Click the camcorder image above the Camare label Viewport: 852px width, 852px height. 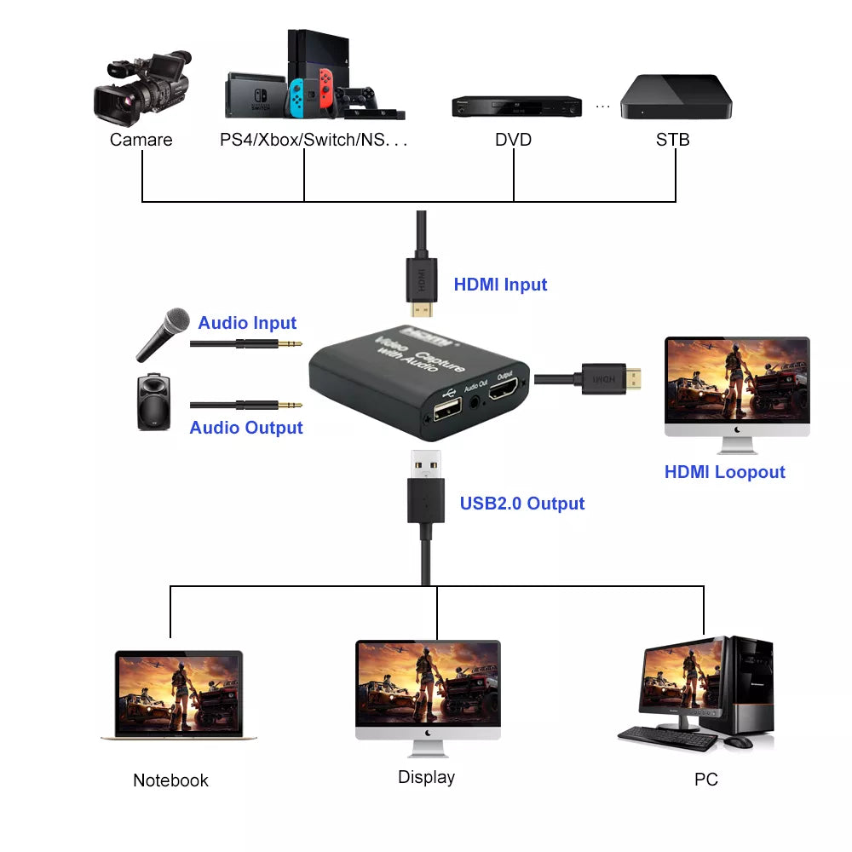tap(141, 89)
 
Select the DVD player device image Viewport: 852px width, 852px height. tap(515, 106)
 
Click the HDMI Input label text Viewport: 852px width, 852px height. tap(500, 285)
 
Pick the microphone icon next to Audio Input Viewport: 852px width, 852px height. tap(163, 335)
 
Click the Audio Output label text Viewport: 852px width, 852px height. tap(246, 428)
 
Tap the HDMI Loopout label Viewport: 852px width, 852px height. tap(724, 472)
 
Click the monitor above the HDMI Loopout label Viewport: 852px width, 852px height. tap(736, 388)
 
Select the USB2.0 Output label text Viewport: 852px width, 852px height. tap(522, 504)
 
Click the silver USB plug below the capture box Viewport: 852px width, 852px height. tap(426, 464)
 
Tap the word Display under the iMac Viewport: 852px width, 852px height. tap(426, 777)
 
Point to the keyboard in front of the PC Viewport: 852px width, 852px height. tap(668, 739)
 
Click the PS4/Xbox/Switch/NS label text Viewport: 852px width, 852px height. tap(314, 140)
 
